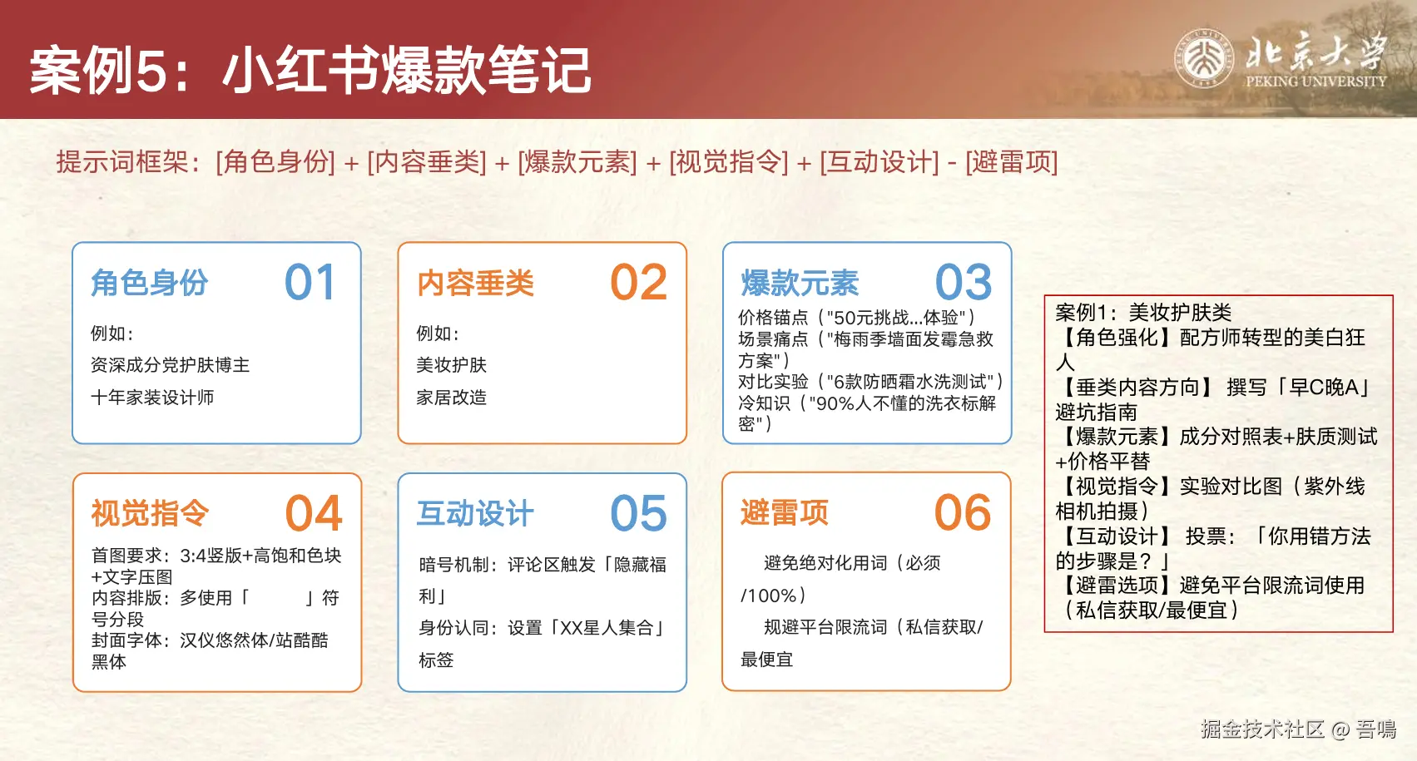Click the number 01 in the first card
(310, 282)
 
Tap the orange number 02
(638, 282)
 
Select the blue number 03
(964, 282)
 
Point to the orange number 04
(314, 512)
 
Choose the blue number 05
(638, 512)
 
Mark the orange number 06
(963, 512)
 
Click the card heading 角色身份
(149, 283)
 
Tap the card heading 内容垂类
(476, 283)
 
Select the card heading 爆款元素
(800, 283)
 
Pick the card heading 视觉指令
(150, 512)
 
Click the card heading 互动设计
(475, 512)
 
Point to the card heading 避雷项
(785, 512)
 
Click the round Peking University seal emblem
(1204, 59)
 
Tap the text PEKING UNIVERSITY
(1315, 81)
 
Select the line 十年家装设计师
(152, 397)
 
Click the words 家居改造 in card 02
(452, 397)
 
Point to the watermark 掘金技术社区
(1262, 729)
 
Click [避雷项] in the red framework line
(1012, 162)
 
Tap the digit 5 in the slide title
(151, 71)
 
